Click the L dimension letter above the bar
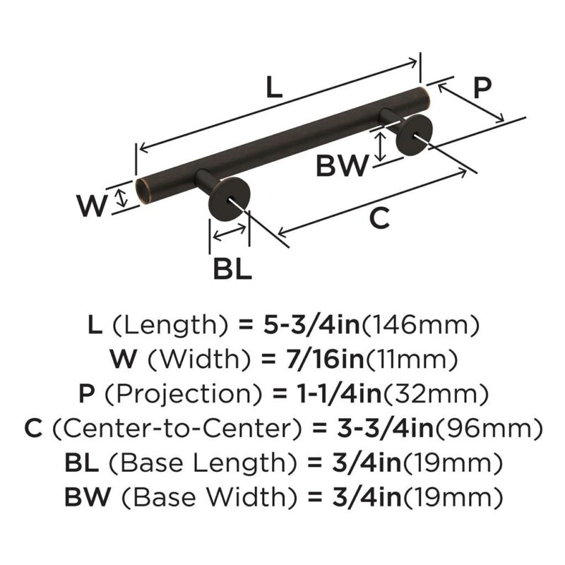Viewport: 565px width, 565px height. pos(274,88)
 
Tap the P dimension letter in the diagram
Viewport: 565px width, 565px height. pos(482,88)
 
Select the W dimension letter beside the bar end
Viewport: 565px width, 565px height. pos(92,206)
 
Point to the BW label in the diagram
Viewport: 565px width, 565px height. pos(343,165)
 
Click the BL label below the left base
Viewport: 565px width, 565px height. pos(232,269)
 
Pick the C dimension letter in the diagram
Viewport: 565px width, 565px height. pos(380,218)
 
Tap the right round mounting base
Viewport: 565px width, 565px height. pos(415,136)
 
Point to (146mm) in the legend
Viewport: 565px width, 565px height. pos(420,325)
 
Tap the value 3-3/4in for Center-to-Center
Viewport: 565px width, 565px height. pos(386,428)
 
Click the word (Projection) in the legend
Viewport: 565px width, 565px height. pos(183,394)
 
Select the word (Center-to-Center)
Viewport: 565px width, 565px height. pos(177,428)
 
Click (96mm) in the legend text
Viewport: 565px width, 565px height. pos(489,429)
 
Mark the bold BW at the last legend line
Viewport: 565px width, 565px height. pos(87,496)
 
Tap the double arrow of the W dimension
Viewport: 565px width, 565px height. pos(122,199)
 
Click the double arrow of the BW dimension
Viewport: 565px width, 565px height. pos(381,147)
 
